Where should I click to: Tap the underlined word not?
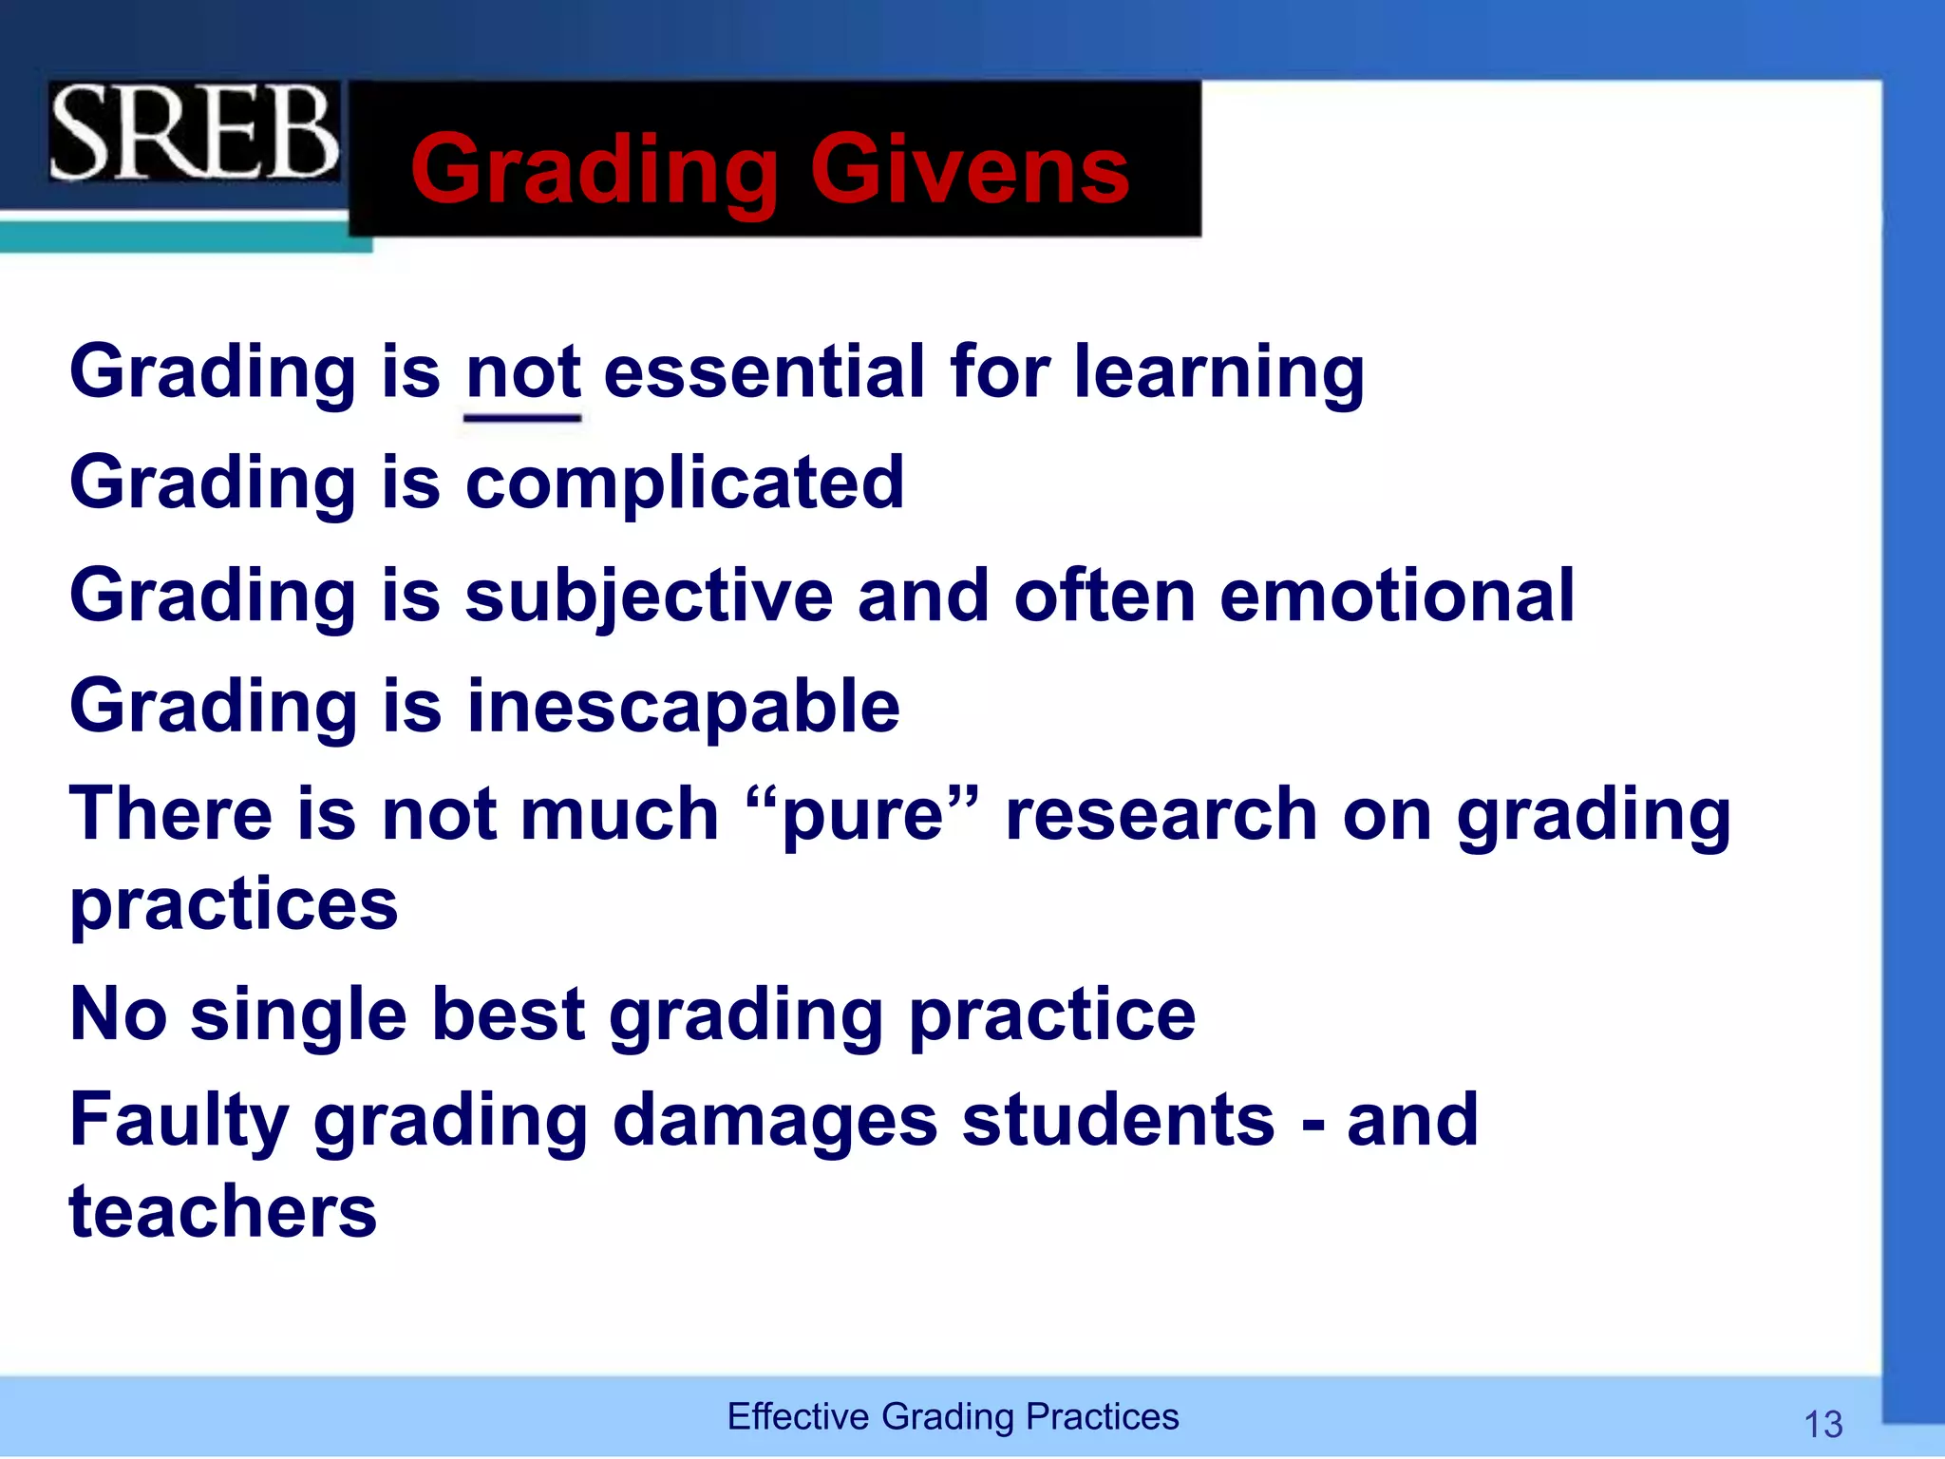[x=522, y=372]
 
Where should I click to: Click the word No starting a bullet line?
[x=118, y=1014]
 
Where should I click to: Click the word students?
[x=1118, y=1121]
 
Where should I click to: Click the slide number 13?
[x=1822, y=1424]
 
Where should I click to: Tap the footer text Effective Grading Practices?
[x=953, y=1416]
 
